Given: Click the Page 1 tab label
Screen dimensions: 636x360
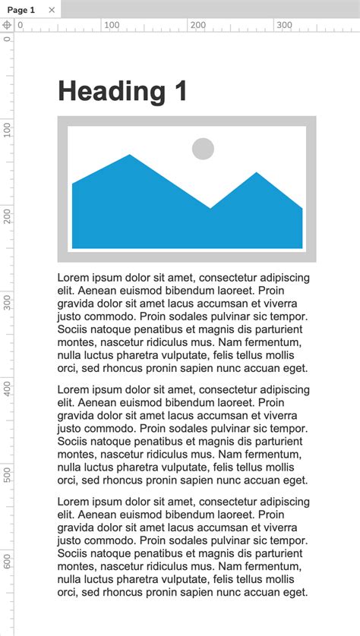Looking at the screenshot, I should [x=21, y=10].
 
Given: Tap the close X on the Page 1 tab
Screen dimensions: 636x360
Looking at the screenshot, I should [x=52, y=10].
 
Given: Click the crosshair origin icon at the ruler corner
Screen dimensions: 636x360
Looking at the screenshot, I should [x=7, y=25].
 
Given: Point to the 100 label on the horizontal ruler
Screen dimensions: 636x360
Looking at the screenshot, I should [x=112, y=25].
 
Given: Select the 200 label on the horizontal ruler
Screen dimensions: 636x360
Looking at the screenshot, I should [x=198, y=25].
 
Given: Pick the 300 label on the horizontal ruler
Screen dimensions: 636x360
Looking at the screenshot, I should [x=284, y=25].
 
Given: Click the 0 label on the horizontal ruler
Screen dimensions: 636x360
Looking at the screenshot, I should [x=21, y=25].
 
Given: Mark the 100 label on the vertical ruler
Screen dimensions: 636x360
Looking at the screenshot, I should [x=8, y=129].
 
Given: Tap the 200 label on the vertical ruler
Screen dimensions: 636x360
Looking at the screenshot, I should [x=8, y=216].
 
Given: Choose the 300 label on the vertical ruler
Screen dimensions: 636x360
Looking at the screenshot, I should [x=8, y=302].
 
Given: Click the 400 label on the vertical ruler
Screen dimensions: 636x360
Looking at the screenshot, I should [x=8, y=389].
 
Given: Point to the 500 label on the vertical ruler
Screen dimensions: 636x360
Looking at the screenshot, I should [x=8, y=475].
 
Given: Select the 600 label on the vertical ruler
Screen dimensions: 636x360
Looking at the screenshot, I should [x=8, y=562].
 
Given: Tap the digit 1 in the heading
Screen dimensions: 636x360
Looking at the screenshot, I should [x=179, y=92].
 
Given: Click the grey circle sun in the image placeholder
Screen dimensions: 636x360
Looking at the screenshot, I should [x=203, y=149].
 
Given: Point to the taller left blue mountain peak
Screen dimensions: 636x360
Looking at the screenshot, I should [x=129, y=158].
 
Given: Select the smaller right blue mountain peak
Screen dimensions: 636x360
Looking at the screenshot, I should [x=257, y=175].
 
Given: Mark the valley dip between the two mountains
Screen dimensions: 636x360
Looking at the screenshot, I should [x=210, y=206].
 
